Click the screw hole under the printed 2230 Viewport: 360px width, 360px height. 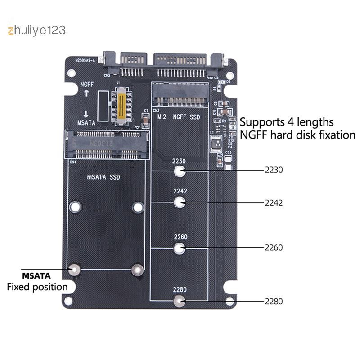pos(180,171)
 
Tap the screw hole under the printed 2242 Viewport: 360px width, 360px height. pos(180,202)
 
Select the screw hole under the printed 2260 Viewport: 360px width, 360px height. pos(180,247)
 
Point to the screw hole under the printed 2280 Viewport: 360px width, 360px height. pos(180,301)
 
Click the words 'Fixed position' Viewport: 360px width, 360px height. pos(37,287)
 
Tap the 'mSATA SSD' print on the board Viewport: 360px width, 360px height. pos(103,177)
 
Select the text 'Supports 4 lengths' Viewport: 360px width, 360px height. pos(287,122)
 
